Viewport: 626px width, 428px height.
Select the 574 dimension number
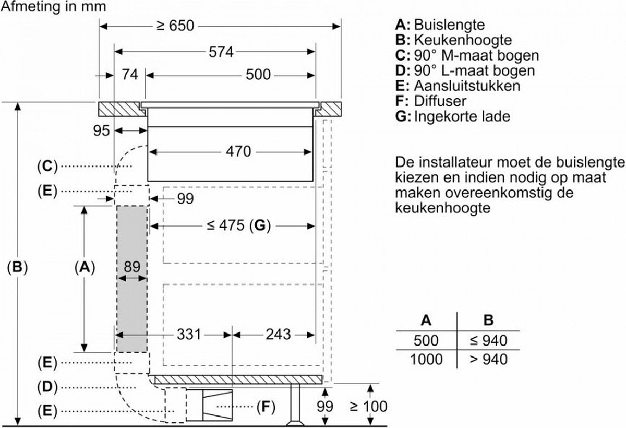coord(220,52)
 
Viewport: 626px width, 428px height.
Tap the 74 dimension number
coord(130,75)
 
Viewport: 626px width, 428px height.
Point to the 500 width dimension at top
coord(258,75)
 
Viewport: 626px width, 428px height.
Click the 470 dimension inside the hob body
coord(239,151)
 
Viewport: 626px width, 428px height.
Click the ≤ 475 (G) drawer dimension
coord(237,225)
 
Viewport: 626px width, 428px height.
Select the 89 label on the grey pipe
coord(131,267)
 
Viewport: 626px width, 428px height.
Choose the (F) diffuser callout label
coord(265,406)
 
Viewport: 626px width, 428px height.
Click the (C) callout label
coord(47,167)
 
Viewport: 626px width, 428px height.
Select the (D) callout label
coord(47,387)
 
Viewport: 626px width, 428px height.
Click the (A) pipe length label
coord(84,267)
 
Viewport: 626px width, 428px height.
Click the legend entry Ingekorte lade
coord(461,116)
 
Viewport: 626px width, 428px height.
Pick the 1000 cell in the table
coord(427,359)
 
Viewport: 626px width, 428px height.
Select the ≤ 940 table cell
coord(488,341)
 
